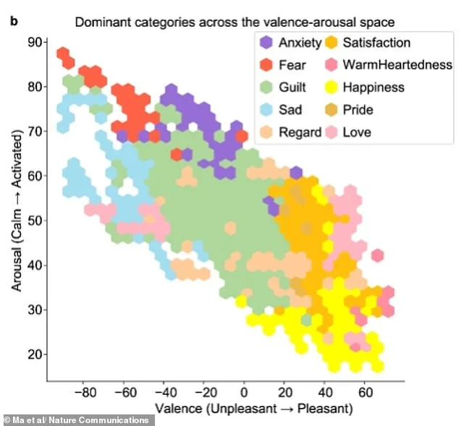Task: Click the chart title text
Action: (x=235, y=22)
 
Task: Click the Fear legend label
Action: (x=287, y=66)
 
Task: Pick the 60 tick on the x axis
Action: (x=365, y=394)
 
